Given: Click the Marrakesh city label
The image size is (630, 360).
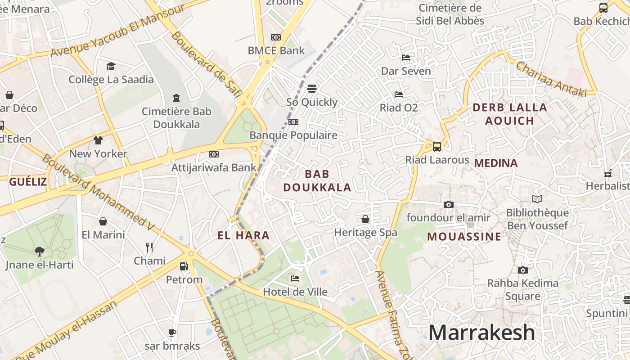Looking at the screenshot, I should point(481,333).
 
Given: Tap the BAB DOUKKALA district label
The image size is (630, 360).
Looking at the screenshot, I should point(317,180).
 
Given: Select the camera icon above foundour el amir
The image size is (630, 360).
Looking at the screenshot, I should point(448,205).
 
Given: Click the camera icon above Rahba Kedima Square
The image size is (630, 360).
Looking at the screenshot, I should point(522,270).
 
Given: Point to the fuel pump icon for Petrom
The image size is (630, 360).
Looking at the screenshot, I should point(184,266).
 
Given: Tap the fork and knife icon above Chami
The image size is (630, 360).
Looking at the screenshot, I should point(149,247).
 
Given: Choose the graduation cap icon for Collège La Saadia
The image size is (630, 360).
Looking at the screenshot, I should point(111,67).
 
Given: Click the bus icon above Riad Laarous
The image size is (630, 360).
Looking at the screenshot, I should point(436,146).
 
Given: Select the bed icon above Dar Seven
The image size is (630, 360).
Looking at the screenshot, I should point(405,58).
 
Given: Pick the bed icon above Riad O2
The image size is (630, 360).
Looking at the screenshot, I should point(398,94).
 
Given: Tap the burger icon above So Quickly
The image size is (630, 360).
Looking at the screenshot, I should point(312,89).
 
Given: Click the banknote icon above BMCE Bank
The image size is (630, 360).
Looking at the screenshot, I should point(276,37).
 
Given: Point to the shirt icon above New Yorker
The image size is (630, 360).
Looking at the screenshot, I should point(98,140).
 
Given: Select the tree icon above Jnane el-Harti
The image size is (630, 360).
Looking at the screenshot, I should point(40,251).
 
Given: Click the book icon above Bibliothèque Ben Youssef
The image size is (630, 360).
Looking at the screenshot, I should point(537,199).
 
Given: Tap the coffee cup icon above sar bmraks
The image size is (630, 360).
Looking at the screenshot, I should point(172,333).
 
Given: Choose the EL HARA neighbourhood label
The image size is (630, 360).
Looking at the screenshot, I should point(243,235).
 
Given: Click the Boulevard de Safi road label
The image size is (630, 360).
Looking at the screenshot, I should point(206,64).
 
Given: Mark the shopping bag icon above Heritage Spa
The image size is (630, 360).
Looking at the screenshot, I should point(365,219).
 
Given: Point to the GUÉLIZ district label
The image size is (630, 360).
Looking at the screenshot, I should point(28,182).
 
